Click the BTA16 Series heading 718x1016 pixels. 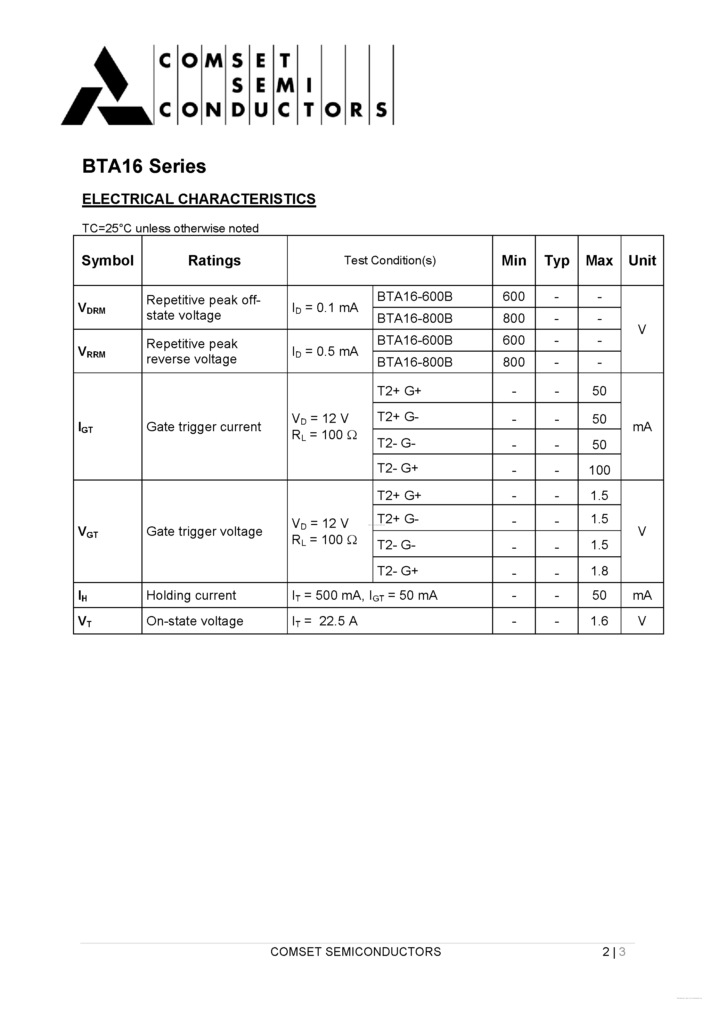tap(144, 166)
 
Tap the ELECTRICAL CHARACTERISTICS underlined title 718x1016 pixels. tap(199, 199)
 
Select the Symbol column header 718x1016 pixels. tap(108, 260)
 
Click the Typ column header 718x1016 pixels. tap(556, 260)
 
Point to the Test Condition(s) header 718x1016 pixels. tap(390, 260)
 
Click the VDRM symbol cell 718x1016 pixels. tap(92, 308)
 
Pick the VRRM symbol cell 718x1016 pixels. tap(92, 352)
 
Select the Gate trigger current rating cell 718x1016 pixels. tap(204, 427)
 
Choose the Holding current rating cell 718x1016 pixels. tap(191, 595)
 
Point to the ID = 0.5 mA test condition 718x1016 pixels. tap(325, 351)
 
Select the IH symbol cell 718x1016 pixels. tap(83, 596)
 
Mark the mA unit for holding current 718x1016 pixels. tap(642, 595)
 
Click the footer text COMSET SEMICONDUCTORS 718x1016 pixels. tap(356, 951)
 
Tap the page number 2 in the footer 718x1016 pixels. tap(605, 951)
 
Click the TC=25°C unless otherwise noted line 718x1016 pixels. tap(170, 228)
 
